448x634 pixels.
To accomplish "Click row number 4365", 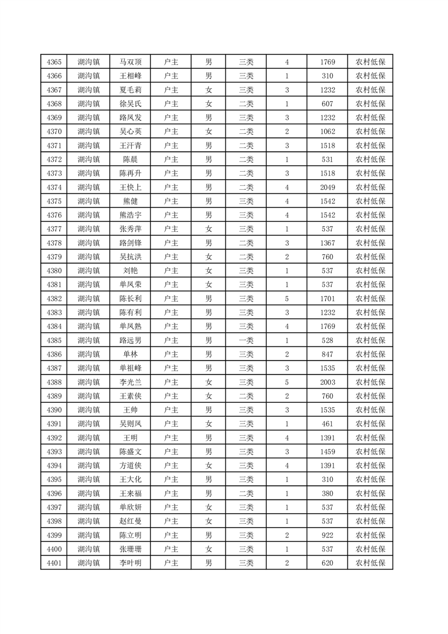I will click(54, 62).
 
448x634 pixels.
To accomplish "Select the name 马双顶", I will click(131, 62).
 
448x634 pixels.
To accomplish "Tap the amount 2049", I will click(327, 188).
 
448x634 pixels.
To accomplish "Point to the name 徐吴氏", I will click(131, 104).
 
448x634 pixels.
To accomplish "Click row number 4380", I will click(54, 271).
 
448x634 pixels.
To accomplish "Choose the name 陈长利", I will click(131, 299).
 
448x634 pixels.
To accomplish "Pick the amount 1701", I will click(327, 299).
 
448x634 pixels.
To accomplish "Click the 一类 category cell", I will click(246, 341).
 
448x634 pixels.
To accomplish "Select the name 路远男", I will click(131, 341).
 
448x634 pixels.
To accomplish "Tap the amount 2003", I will click(327, 383).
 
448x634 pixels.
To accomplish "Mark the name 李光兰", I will click(131, 383).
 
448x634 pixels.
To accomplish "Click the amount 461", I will click(327, 424).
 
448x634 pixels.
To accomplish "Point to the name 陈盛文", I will click(131, 452).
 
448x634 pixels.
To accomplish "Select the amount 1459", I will click(327, 452).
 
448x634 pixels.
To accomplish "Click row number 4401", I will click(54, 563).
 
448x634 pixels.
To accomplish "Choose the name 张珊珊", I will click(131, 549).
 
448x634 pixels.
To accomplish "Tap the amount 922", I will click(327, 536).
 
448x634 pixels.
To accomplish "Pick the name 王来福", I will click(131, 494).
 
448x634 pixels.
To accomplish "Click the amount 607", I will click(327, 104).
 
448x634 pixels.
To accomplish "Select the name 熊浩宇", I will click(131, 215).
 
